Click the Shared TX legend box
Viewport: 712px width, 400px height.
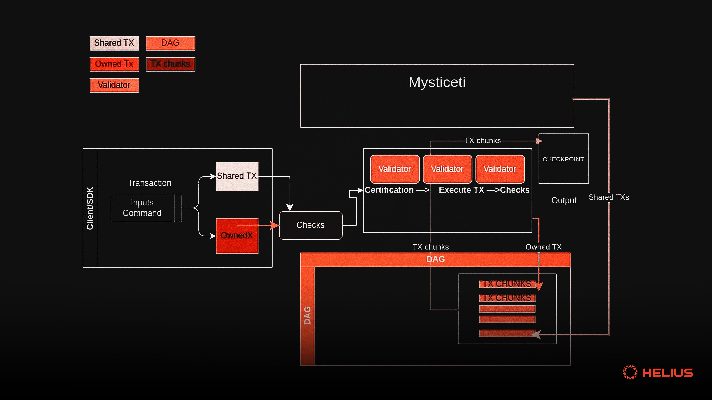(114, 43)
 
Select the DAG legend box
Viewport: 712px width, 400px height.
(170, 43)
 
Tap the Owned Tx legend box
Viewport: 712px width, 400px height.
(114, 64)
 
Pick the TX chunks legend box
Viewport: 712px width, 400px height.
(170, 64)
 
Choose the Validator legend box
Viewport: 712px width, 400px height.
(114, 85)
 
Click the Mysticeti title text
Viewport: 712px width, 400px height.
(437, 82)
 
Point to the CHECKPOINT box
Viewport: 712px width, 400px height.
(563, 159)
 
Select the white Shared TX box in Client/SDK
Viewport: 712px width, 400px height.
(237, 176)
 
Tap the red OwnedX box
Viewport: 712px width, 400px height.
(237, 236)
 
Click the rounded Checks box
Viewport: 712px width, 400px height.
(310, 225)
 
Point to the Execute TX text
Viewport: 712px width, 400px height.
(461, 190)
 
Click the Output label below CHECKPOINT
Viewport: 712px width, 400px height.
(564, 200)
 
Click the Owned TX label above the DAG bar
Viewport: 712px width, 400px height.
(543, 247)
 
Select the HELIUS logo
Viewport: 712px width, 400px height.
(658, 372)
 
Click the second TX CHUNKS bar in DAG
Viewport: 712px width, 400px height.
(507, 298)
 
